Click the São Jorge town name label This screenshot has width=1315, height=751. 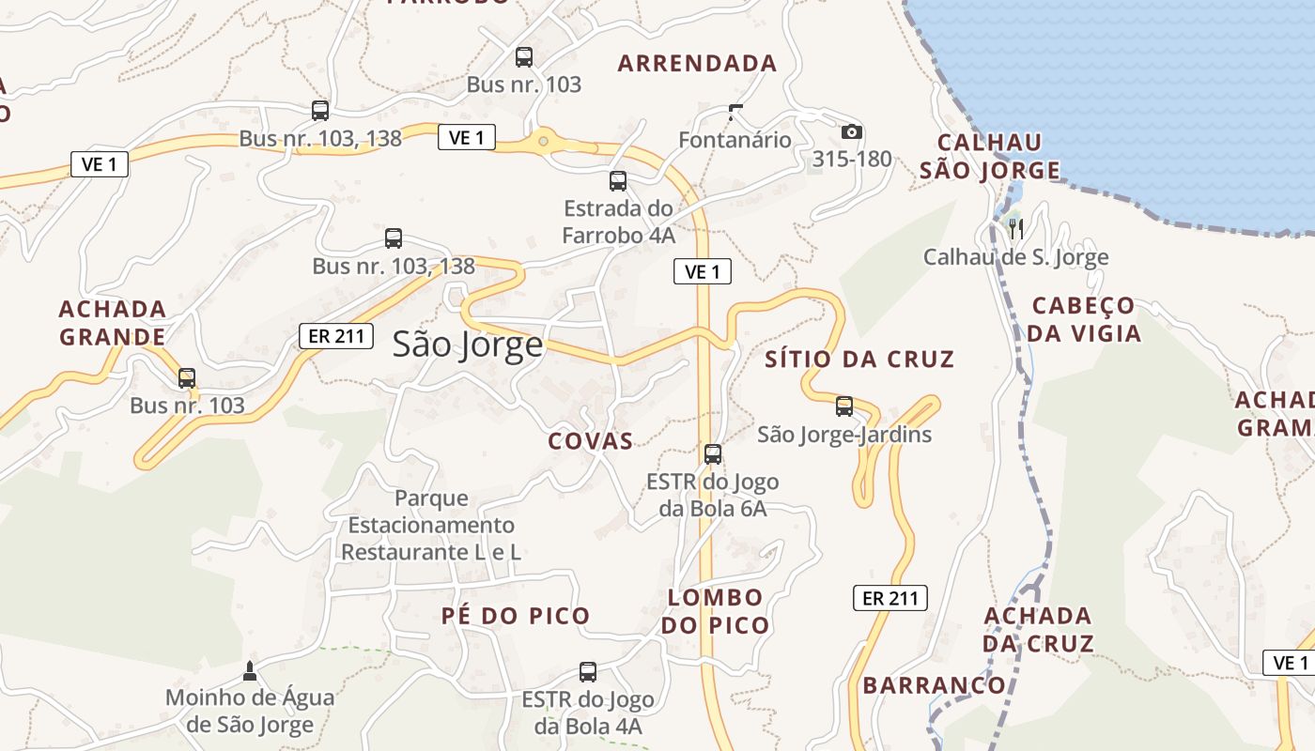pyautogui.click(x=468, y=345)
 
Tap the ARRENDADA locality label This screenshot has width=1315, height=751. pyautogui.click(x=698, y=64)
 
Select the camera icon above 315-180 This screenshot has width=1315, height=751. pyautogui.click(x=852, y=131)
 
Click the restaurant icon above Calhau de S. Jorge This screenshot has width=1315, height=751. pyautogui.click(x=1014, y=227)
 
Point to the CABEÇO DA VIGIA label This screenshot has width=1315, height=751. pyautogui.click(x=1084, y=319)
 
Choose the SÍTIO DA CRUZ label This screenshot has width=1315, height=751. pyautogui.click(x=859, y=359)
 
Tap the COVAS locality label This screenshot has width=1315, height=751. pyautogui.click(x=591, y=441)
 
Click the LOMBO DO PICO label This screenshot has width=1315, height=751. pyautogui.click(x=716, y=611)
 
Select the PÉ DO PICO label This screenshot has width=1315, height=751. pyautogui.click(x=516, y=616)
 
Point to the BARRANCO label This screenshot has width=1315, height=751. pyautogui.click(x=934, y=685)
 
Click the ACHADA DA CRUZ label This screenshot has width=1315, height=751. pyautogui.click(x=1038, y=629)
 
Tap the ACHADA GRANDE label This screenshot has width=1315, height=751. pyautogui.click(x=113, y=322)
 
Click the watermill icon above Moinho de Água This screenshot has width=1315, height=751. pyautogui.click(x=249, y=670)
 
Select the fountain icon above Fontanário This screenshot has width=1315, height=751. pyautogui.click(x=735, y=113)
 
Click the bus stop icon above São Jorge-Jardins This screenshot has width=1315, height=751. pyautogui.click(x=844, y=406)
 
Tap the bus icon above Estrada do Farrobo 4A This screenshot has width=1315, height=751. pyautogui.click(x=618, y=181)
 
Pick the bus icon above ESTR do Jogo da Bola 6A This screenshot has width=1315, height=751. pyautogui.click(x=713, y=454)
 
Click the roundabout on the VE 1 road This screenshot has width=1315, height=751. pyautogui.click(x=543, y=142)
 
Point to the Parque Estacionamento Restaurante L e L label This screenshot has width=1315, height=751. pyautogui.click(x=431, y=525)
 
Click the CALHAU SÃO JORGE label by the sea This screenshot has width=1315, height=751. pyautogui.click(x=990, y=156)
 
